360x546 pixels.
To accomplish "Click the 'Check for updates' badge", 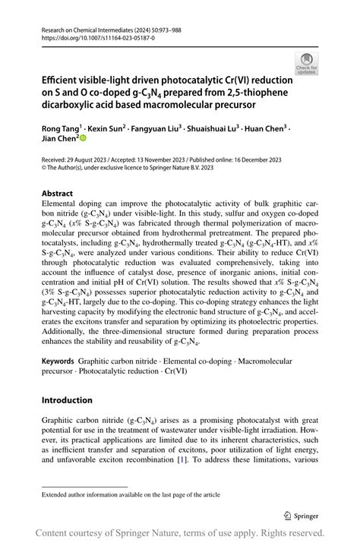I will click(x=306, y=63).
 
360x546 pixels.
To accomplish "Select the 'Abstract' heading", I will click(x=58, y=194).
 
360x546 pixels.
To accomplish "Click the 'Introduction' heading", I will click(x=67, y=400).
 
